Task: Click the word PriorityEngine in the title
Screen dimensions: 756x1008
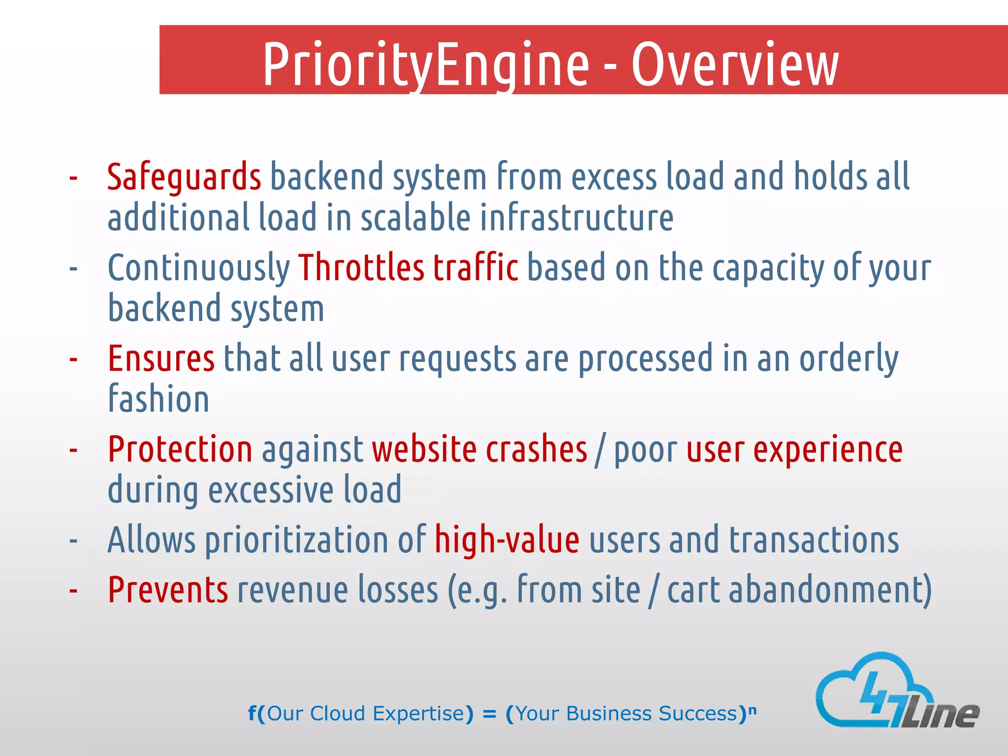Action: pos(426,64)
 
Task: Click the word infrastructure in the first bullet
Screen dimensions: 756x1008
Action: pos(576,218)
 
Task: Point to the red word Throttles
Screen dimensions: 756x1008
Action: pos(361,268)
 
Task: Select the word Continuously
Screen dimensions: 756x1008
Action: pos(199,269)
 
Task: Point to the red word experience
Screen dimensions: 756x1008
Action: pos(828,450)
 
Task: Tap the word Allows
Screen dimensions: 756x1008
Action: pos(152,540)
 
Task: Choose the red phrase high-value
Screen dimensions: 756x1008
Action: pos(507,540)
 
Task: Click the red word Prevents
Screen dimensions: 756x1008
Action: pos(168,590)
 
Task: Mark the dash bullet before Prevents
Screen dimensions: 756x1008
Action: pos(73,590)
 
